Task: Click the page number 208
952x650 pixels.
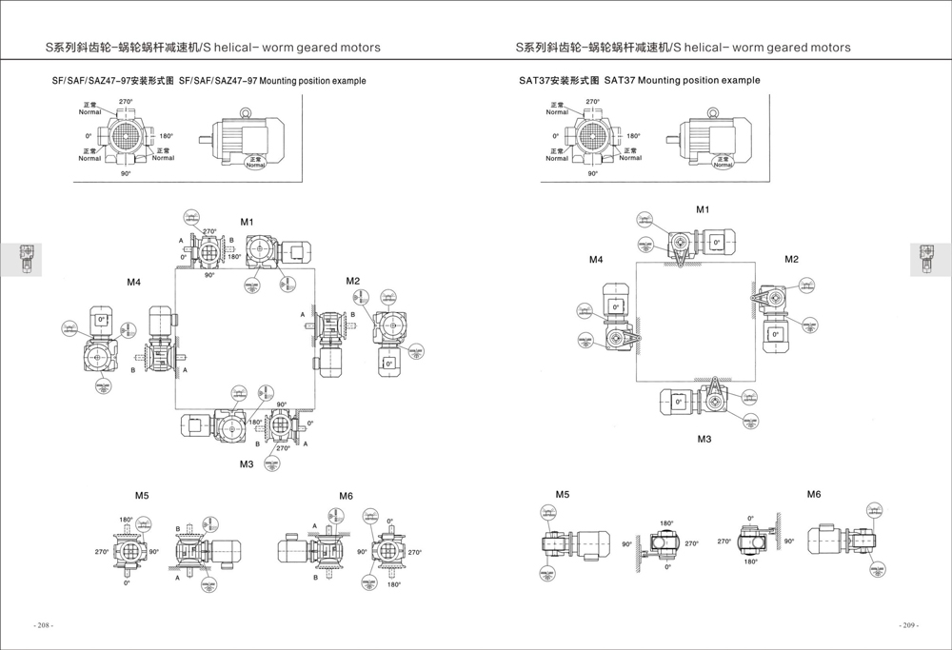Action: click(x=44, y=625)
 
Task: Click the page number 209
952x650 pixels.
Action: click(x=909, y=625)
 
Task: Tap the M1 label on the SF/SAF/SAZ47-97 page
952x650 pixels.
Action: click(x=247, y=222)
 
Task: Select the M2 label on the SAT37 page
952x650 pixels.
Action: click(x=791, y=259)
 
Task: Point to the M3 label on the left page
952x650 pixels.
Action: click(x=247, y=463)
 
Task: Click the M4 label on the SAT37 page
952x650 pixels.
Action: click(x=596, y=259)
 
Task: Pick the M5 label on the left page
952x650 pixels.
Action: click(x=142, y=495)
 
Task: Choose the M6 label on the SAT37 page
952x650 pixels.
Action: click(x=814, y=494)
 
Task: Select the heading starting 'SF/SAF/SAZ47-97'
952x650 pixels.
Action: click(x=208, y=82)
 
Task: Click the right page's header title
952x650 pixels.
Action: click(x=683, y=47)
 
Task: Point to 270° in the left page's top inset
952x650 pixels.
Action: click(x=126, y=101)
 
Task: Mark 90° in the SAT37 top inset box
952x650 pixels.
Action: click(x=593, y=173)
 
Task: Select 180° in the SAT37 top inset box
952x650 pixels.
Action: click(x=633, y=136)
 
